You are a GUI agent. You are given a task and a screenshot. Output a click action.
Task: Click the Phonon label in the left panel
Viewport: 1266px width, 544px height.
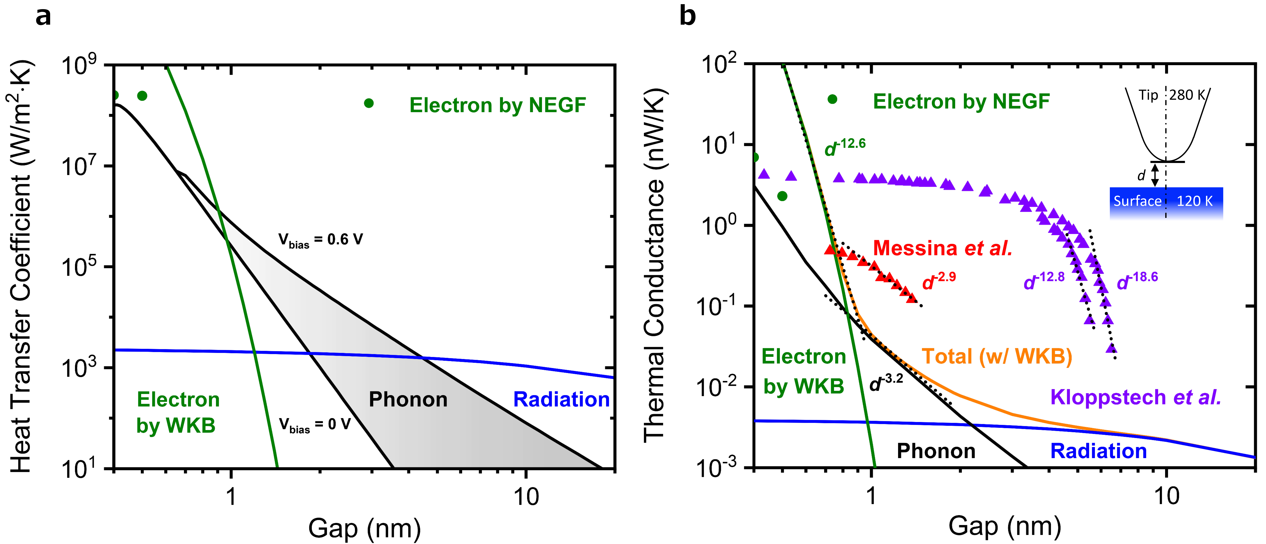pyautogui.click(x=408, y=400)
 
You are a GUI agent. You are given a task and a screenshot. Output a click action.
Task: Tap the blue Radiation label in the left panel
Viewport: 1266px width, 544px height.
pyautogui.click(x=561, y=400)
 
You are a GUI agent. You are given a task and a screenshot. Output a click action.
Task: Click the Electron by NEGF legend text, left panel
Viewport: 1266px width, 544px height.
pyautogui.click(x=497, y=105)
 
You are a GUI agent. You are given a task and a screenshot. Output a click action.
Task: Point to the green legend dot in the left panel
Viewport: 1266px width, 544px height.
pyautogui.click(x=369, y=103)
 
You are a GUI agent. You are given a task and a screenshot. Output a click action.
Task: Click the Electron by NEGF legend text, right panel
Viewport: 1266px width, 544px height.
pyautogui.click(x=961, y=102)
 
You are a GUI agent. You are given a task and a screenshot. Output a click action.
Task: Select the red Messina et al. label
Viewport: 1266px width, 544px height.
pyautogui.click(x=942, y=248)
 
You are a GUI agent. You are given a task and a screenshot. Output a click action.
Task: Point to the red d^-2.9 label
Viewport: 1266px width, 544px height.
pyautogui.click(x=939, y=281)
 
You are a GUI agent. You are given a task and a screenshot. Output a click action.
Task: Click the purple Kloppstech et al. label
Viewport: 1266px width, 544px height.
pyautogui.click(x=1135, y=397)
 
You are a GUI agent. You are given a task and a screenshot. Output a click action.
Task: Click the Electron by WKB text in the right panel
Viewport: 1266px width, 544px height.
pyautogui.click(x=804, y=371)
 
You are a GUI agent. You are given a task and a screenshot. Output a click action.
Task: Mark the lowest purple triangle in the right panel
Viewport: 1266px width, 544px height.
pyautogui.click(x=1111, y=348)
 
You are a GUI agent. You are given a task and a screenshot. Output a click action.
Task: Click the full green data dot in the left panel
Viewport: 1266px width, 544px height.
pyautogui.click(x=142, y=96)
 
